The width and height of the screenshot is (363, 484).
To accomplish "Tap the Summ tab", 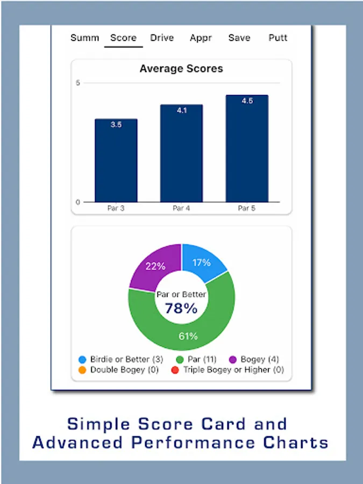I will (x=85, y=38).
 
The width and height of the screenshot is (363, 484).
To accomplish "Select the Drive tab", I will (x=162, y=38).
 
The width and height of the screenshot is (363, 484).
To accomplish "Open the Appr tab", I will (x=201, y=38).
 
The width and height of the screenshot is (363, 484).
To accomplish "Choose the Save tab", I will (x=239, y=38).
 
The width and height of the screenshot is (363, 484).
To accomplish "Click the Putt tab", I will (x=278, y=38).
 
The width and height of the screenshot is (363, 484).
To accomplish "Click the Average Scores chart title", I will (x=181, y=69).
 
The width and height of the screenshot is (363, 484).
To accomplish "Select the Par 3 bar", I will (x=116, y=161).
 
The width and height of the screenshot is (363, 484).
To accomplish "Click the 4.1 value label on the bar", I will (x=182, y=111).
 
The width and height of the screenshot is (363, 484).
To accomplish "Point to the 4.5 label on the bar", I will (x=247, y=101).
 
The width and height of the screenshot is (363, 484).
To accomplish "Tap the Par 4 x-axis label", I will (x=182, y=208).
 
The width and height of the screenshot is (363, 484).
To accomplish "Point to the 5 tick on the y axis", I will (x=78, y=83).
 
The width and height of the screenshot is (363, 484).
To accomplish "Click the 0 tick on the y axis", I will (x=78, y=202).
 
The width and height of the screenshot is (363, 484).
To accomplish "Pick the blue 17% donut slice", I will (x=203, y=262).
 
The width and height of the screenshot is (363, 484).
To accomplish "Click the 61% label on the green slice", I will (x=188, y=337).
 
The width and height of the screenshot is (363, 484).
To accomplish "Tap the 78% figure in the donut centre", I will (x=181, y=309).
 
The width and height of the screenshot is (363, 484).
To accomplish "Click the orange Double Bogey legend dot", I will (x=82, y=370).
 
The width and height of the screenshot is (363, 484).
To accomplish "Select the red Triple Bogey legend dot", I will (x=175, y=370).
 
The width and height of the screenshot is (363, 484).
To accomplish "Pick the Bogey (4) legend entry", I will (x=255, y=359).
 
